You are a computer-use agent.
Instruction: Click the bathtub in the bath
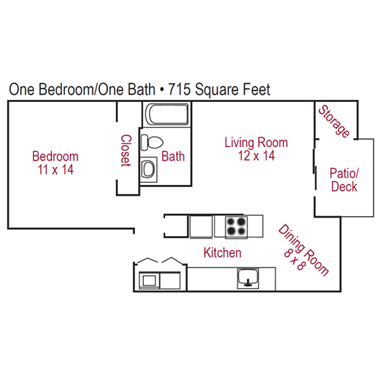point(168,114)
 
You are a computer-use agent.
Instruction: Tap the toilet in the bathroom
point(152,142)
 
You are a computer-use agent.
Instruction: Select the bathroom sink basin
point(148,169)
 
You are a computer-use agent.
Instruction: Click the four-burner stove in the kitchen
point(236,227)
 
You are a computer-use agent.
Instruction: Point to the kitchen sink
point(248,278)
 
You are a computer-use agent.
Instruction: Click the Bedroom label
point(55,156)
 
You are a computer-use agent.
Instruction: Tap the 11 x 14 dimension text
point(55,170)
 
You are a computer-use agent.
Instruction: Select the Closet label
point(126,150)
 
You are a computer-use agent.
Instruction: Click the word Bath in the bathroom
point(173,156)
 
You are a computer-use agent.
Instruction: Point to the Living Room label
point(256,143)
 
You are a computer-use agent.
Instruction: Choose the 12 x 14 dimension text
point(257,156)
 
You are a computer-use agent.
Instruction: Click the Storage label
point(334,122)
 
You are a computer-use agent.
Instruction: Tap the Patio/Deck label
point(344,180)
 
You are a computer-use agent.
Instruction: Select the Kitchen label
point(222,253)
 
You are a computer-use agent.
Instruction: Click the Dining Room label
point(304,250)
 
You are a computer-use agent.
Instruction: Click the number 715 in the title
point(179,89)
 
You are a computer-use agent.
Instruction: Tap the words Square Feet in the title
point(233,90)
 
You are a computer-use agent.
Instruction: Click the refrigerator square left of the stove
point(201,227)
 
